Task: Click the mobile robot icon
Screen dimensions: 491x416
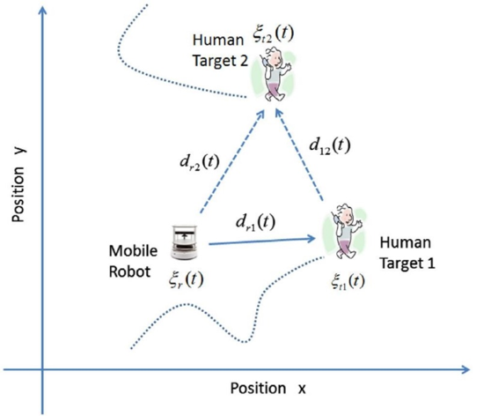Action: [x=184, y=242]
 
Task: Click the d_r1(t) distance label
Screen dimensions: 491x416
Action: [x=255, y=222]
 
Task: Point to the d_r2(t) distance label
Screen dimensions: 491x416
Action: [x=200, y=162]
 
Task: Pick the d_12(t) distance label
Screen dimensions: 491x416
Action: [x=330, y=146]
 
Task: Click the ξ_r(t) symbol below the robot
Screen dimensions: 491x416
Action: [x=187, y=279]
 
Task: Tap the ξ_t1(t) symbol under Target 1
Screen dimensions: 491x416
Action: [x=348, y=281]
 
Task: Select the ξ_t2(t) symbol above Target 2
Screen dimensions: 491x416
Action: [x=274, y=33]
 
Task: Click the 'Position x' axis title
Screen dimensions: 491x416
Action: [x=268, y=389]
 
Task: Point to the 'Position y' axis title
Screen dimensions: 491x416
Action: [x=18, y=185]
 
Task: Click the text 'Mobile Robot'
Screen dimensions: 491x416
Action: [x=133, y=261]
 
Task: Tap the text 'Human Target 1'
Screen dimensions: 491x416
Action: [x=407, y=253]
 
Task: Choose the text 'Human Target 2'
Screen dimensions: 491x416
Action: [x=220, y=50]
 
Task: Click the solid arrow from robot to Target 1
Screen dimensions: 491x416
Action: [x=262, y=241]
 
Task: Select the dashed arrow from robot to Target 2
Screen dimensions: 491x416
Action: [x=232, y=161]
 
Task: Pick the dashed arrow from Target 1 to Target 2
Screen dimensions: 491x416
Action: [x=298, y=154]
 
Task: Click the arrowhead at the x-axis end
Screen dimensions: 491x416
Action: [x=465, y=369]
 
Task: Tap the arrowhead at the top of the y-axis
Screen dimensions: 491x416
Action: [x=42, y=10]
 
